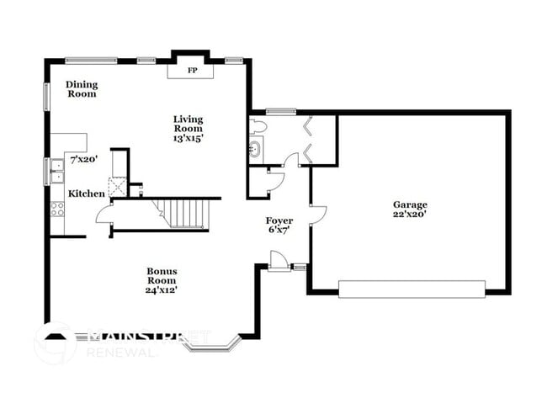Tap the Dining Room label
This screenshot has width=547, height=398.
82,88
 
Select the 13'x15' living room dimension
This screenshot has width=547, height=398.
188,137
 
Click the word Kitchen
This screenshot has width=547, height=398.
87,194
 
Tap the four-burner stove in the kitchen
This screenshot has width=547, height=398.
58,209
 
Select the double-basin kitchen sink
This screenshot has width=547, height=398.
57,171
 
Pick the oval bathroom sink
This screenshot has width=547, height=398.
255,151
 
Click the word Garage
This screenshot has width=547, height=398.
410,204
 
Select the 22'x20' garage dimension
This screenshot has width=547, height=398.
410,215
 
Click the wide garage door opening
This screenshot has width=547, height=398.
412,289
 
